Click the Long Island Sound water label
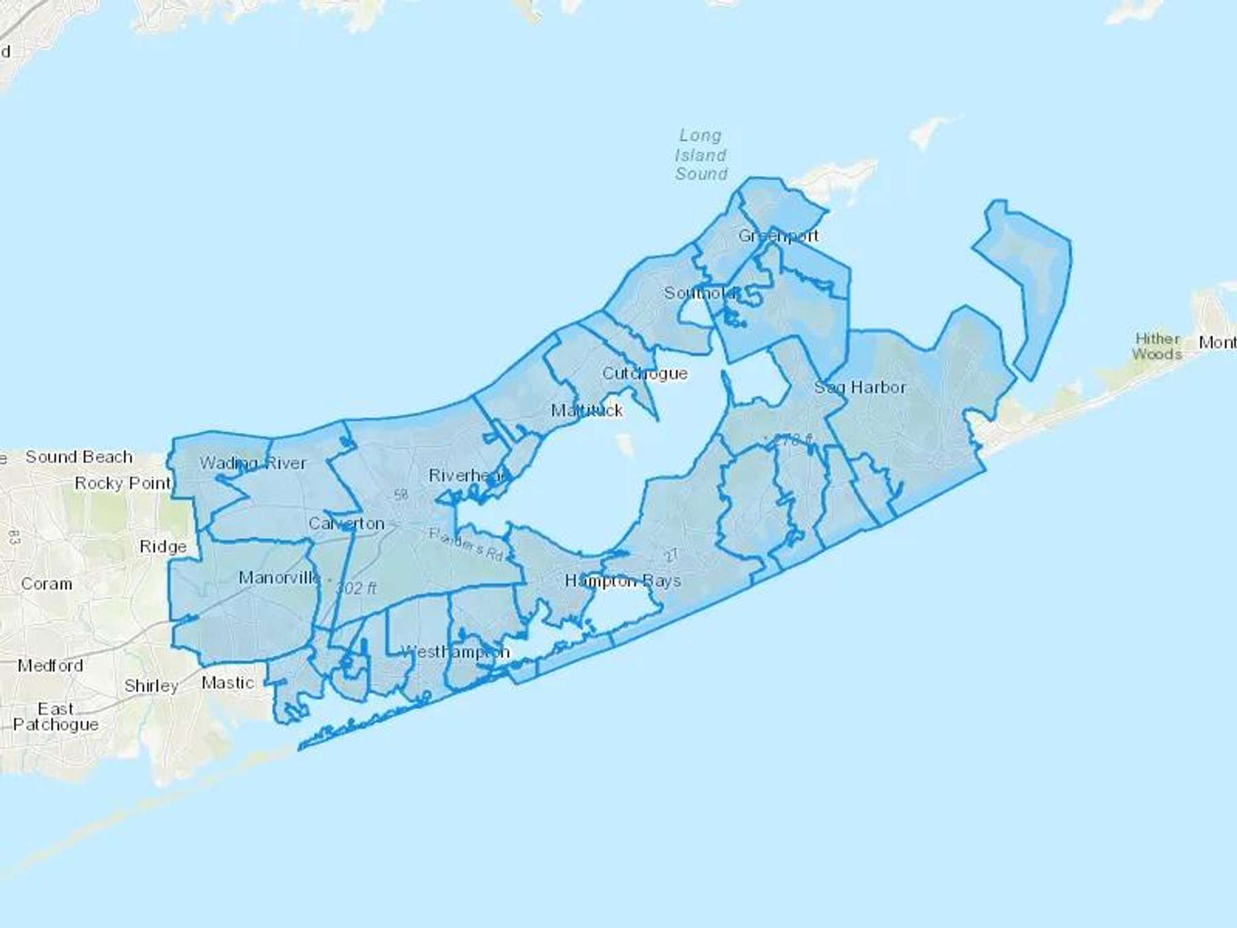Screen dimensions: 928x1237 pyautogui.click(x=700, y=155)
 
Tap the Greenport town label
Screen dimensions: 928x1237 pyautogui.click(x=778, y=236)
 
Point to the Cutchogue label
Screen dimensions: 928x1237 pyautogui.click(x=645, y=373)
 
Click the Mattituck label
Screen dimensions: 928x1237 pyautogui.click(x=587, y=410)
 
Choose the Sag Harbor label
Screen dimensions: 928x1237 pyautogui.click(x=860, y=388)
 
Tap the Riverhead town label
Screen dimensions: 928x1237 pyautogui.click(x=468, y=475)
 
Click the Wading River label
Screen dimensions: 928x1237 pyautogui.click(x=253, y=463)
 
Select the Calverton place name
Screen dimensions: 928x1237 pyautogui.click(x=346, y=524)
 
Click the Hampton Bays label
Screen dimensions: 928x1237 pyautogui.click(x=623, y=581)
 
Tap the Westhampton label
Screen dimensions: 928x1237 pyautogui.click(x=455, y=652)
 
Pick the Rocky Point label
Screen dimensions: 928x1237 pyautogui.click(x=122, y=483)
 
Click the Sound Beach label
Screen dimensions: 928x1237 pyautogui.click(x=79, y=457)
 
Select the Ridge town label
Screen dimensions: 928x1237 pyautogui.click(x=163, y=546)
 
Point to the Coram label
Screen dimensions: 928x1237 pyautogui.click(x=47, y=584)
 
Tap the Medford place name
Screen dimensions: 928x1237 pyautogui.click(x=50, y=665)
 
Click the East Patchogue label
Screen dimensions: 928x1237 pyautogui.click(x=56, y=716)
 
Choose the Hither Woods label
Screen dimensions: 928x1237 pyautogui.click(x=1157, y=346)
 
